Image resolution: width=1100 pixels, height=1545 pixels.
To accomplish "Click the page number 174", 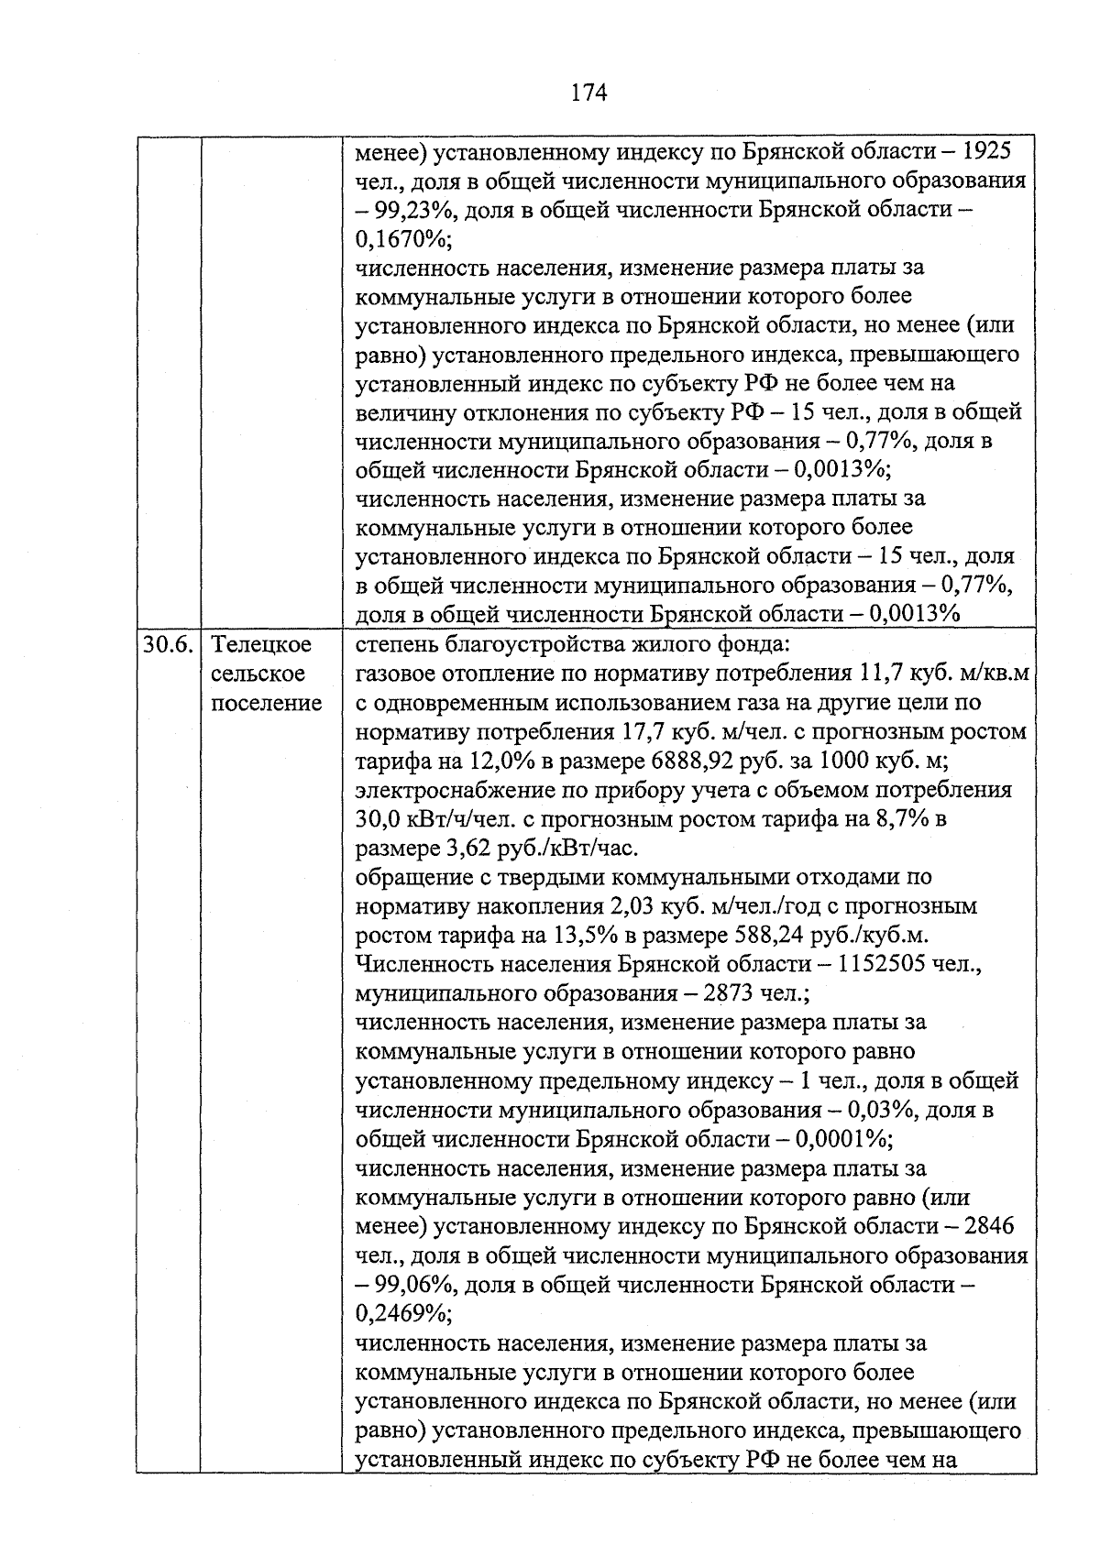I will click(x=588, y=93).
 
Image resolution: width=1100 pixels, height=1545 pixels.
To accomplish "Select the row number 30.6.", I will click(x=168, y=644).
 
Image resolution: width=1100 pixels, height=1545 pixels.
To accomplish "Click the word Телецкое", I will click(x=261, y=644).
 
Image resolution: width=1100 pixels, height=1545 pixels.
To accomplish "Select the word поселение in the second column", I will click(x=267, y=703).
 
